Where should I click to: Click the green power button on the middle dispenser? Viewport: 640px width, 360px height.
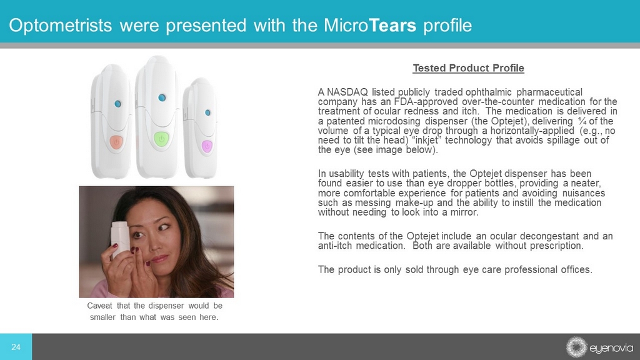tap(162, 139)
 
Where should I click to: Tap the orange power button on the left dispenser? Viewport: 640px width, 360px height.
tap(116, 142)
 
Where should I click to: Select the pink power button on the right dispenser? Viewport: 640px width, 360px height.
tap(207, 146)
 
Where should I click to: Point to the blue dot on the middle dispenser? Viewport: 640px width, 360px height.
tap(162, 97)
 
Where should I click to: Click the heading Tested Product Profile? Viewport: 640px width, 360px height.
tap(468, 68)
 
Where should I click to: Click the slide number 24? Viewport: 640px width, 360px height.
tap(16, 347)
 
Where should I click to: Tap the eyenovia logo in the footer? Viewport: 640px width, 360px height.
tap(599, 347)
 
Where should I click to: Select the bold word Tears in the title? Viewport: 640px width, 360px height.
tap(392, 25)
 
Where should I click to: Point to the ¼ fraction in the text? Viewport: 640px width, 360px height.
tap(582, 121)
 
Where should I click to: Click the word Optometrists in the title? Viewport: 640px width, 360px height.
tap(61, 25)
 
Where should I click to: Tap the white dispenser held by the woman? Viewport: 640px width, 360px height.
tap(119, 238)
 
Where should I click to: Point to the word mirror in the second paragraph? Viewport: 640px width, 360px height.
tap(464, 212)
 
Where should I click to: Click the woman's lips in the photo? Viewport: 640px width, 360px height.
tap(160, 259)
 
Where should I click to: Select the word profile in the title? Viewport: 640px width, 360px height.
tap(447, 25)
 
